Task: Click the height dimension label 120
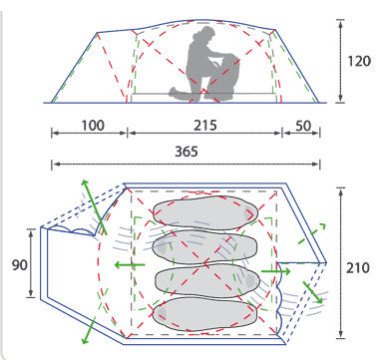click(x=359, y=61)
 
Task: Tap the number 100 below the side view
click(x=93, y=126)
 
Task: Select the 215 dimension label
click(x=205, y=126)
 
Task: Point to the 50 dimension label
click(x=303, y=126)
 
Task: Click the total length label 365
click(x=187, y=152)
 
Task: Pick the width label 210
click(x=358, y=268)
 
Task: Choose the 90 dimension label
click(x=20, y=265)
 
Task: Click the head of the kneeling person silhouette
click(x=205, y=34)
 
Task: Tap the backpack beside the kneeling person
click(x=227, y=77)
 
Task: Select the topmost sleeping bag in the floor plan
click(x=205, y=212)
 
